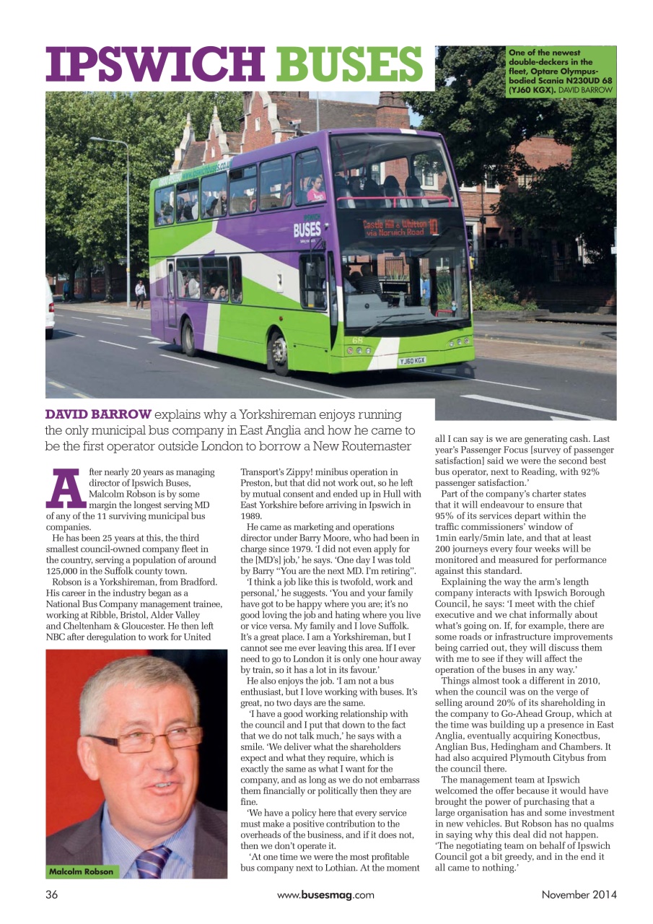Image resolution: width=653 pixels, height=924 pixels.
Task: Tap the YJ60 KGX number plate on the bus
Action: click(x=412, y=360)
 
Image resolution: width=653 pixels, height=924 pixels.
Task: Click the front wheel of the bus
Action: click(x=280, y=353)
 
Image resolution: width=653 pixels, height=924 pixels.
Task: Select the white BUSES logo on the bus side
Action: click(x=307, y=231)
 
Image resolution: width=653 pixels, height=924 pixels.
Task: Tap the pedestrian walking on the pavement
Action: click(x=140, y=293)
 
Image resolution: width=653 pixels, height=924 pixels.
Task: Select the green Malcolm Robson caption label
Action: click(x=81, y=871)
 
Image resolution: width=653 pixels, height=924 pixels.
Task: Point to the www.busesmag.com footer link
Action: click(x=325, y=895)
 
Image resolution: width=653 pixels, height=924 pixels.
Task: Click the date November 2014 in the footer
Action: click(x=579, y=895)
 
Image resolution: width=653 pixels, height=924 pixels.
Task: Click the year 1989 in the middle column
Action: click(x=250, y=516)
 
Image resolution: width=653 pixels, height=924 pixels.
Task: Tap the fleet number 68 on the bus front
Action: click(x=358, y=339)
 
